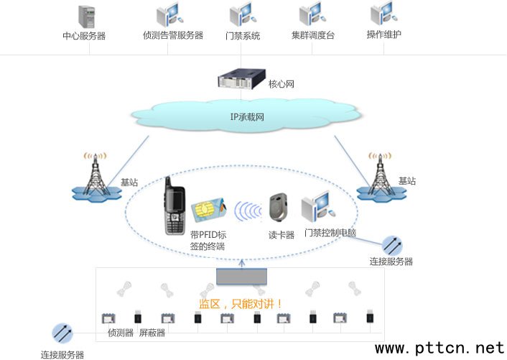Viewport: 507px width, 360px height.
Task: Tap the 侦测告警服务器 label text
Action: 173,35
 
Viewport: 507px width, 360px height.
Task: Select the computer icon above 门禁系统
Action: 241,15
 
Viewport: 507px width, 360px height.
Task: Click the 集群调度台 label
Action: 312,35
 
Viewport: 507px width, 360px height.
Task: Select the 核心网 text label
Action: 282,84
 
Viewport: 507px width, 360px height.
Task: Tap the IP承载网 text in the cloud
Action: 247,116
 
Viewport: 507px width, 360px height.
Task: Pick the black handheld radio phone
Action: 175,206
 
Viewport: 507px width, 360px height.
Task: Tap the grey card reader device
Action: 279,208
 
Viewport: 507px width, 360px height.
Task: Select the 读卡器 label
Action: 282,234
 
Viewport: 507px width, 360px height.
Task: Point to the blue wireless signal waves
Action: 248,211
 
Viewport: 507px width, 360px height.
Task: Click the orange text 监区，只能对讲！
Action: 241,304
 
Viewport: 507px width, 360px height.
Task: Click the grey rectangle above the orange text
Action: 241,276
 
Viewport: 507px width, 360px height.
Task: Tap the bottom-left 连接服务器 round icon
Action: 62,333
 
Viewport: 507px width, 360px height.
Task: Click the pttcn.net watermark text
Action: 439,348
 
